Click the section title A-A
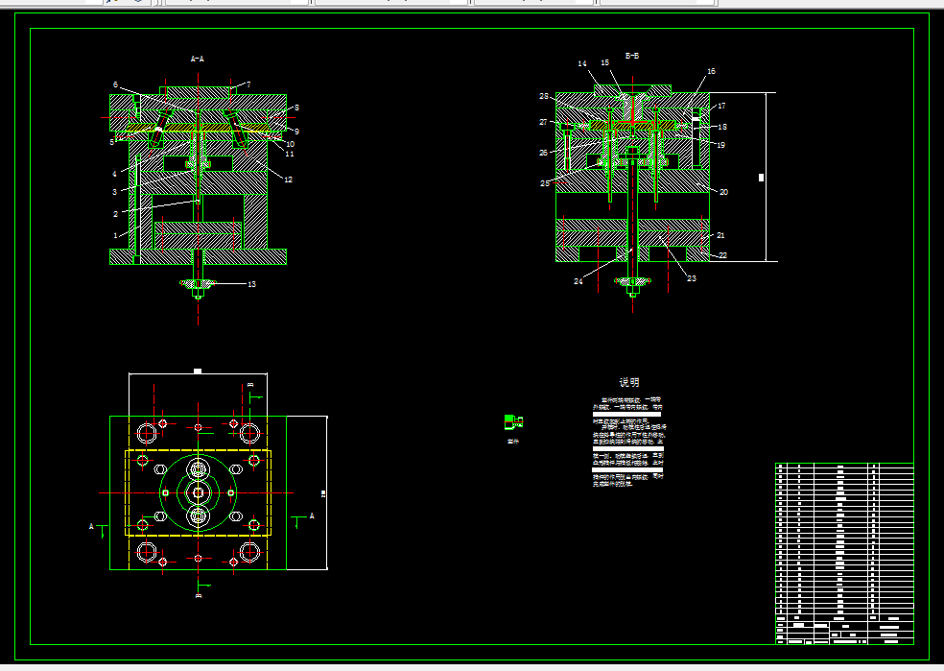click(x=197, y=60)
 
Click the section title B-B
click(x=632, y=57)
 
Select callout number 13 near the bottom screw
click(x=251, y=284)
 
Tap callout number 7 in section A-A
click(x=248, y=85)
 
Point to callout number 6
click(x=115, y=84)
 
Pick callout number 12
click(x=288, y=180)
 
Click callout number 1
click(x=116, y=235)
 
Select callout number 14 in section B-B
click(x=582, y=64)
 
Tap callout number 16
click(x=711, y=72)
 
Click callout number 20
click(x=723, y=192)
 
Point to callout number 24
click(x=578, y=281)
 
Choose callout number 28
click(x=543, y=97)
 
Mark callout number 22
click(x=722, y=254)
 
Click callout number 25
click(x=545, y=183)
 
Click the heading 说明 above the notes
click(x=628, y=382)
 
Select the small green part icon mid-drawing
click(x=513, y=420)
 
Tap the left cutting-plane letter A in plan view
click(x=92, y=526)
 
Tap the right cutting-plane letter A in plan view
click(x=312, y=515)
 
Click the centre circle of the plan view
click(x=199, y=492)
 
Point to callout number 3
click(x=114, y=192)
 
